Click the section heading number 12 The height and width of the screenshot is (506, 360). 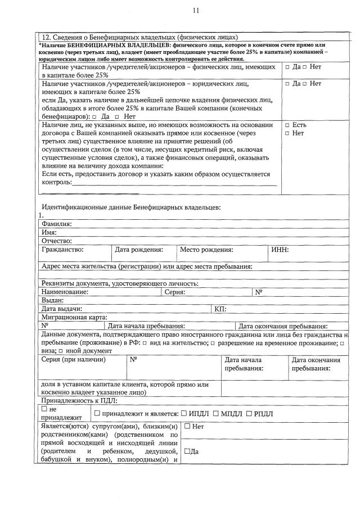pyautogui.click(x=47, y=37)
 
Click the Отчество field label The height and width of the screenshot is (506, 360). pyautogui.click(x=56, y=241)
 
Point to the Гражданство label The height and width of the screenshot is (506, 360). pyautogui.click(x=62, y=249)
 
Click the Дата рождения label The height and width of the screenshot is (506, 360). pyautogui.click(x=138, y=249)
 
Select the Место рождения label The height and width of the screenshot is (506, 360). pyautogui.click(x=206, y=249)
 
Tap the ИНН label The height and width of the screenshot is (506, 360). pyautogui.click(x=280, y=249)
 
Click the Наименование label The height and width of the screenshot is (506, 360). pyautogui.click(x=65, y=292)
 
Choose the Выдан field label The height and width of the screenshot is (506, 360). pyautogui.click(x=52, y=300)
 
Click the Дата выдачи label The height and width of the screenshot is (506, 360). pyautogui.click(x=62, y=309)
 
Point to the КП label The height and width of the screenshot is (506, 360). pyautogui.click(x=220, y=309)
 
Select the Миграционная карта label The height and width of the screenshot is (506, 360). pyautogui.click(x=74, y=317)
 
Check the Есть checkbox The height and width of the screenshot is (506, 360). pyautogui.click(x=287, y=124)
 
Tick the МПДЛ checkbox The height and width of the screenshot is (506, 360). pyautogui.click(x=216, y=414)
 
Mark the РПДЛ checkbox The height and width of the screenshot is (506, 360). pyautogui.click(x=249, y=414)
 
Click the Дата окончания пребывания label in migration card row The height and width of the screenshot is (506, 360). pyautogui.click(x=283, y=326)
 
